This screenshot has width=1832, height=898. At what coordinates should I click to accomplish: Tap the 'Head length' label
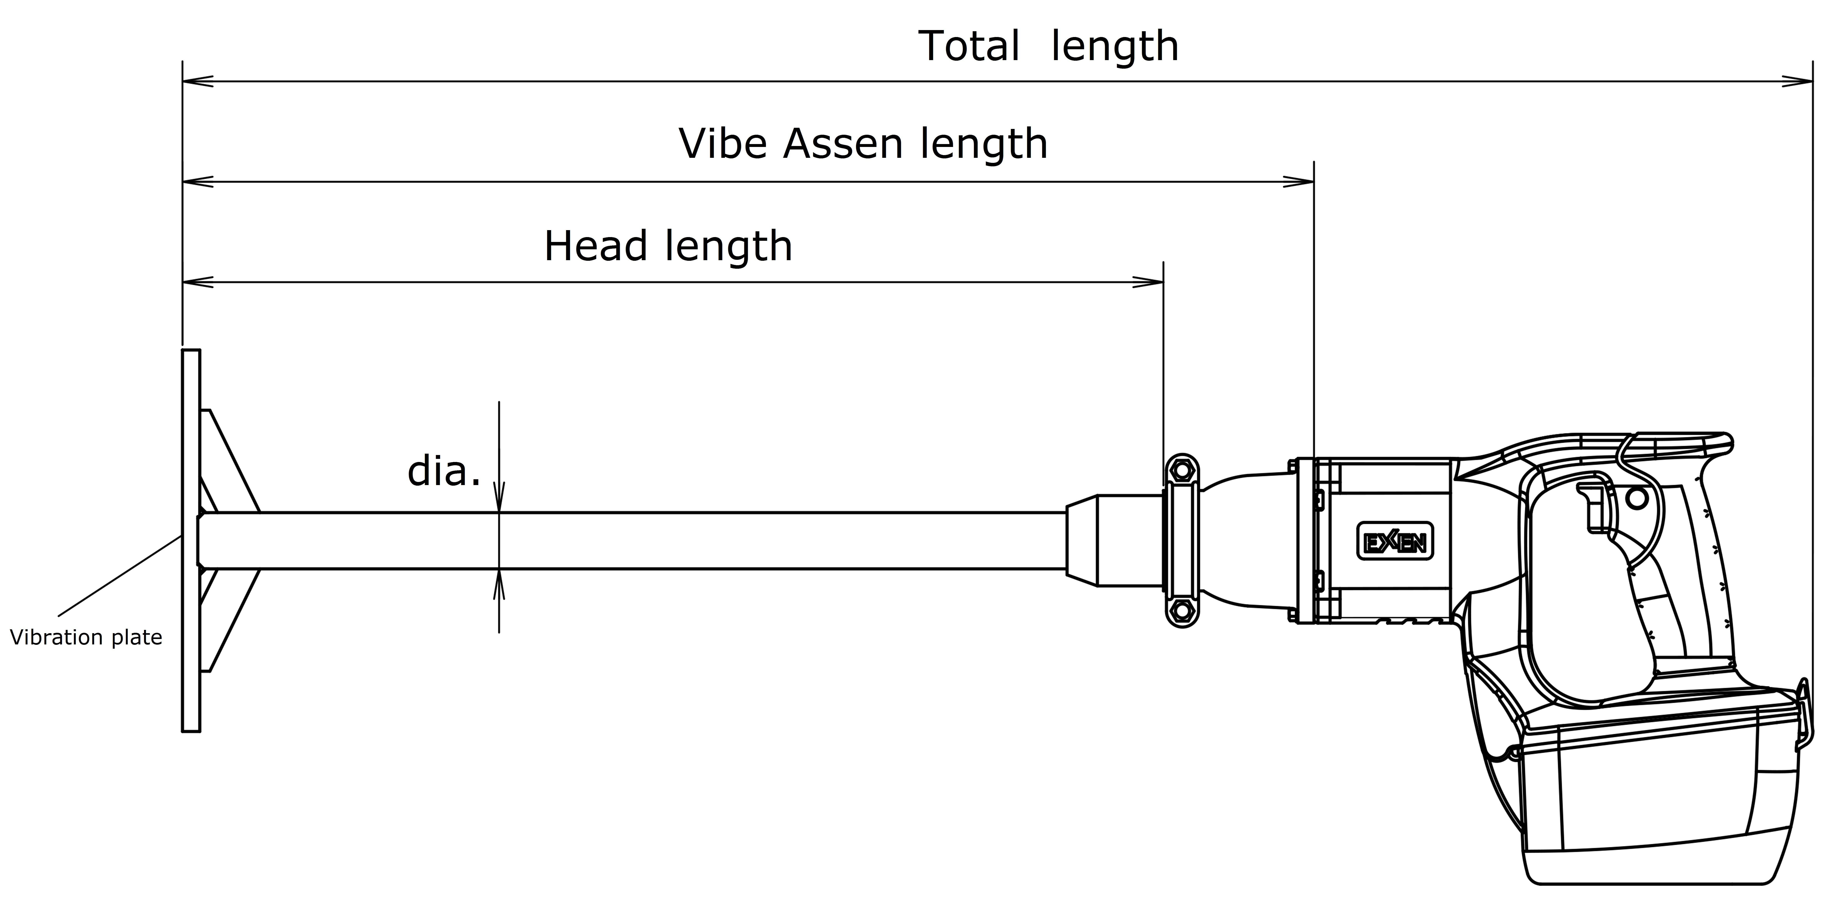(668, 247)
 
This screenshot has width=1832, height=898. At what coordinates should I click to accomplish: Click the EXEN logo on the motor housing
(1395, 542)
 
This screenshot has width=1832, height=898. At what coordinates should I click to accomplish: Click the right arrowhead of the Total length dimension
(1797, 81)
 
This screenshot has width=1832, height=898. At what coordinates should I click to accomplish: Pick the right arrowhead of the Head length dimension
(1148, 282)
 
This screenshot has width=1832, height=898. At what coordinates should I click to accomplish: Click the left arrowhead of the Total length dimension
(198, 81)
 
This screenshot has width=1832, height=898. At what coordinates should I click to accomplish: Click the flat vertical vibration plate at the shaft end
(191, 540)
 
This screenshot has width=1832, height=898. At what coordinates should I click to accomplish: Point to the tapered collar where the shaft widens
(1082, 540)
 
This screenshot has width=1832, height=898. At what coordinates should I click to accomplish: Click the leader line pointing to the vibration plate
(119, 576)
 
